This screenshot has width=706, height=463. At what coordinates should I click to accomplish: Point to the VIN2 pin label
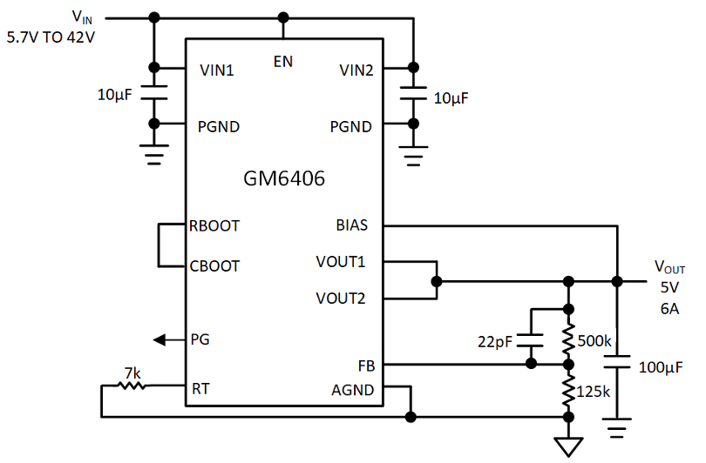coord(353,70)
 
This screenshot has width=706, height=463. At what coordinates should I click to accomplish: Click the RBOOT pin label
coord(214,225)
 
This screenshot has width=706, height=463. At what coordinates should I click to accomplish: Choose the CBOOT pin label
coord(214,265)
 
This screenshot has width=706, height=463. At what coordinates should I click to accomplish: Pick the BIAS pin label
coord(351,225)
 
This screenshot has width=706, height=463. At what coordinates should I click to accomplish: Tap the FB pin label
coord(365,366)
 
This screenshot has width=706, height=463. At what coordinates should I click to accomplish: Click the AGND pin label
coord(353,390)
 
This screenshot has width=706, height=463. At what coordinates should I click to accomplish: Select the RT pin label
coord(200,390)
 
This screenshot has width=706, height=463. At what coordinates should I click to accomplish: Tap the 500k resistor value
coord(595,339)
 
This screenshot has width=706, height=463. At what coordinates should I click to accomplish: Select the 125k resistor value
coord(595,391)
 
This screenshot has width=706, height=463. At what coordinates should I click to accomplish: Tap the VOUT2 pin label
coord(342,299)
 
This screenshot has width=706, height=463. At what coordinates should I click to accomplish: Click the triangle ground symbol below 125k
coord(568,446)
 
